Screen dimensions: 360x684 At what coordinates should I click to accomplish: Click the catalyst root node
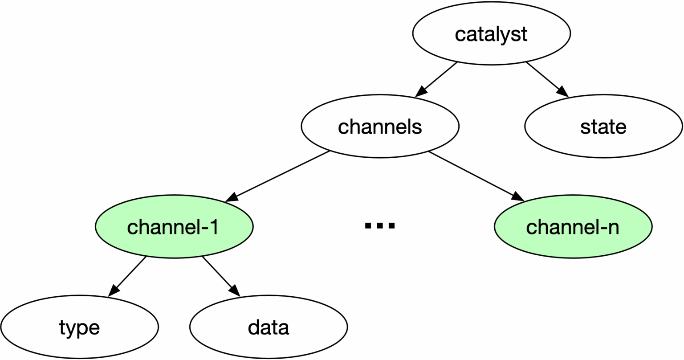click(491, 34)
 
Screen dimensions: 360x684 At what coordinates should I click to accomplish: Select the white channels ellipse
click(380, 127)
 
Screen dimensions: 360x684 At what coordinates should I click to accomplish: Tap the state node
click(603, 127)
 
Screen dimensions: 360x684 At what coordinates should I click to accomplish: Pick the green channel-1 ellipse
click(174, 227)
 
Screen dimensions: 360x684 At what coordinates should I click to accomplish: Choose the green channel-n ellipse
click(573, 227)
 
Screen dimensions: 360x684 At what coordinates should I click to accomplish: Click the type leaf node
click(79, 327)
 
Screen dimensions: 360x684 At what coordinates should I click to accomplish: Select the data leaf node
click(269, 327)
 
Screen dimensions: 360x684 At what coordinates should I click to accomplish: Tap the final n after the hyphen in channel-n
click(613, 228)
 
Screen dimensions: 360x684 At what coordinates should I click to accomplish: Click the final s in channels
click(417, 128)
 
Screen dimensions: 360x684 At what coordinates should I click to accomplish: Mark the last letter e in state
click(621, 128)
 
